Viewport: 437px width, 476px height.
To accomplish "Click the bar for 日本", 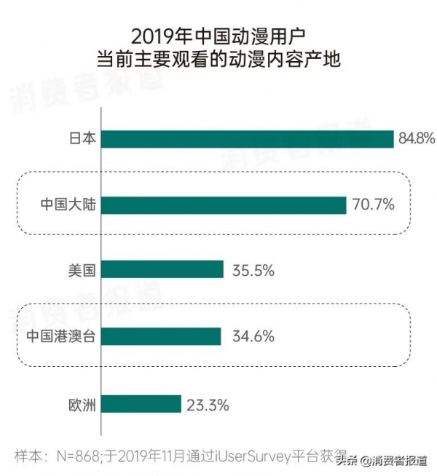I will pos(248,139).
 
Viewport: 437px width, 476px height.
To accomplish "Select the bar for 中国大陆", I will pos(224,205).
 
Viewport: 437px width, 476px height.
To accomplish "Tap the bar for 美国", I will pos(162,270).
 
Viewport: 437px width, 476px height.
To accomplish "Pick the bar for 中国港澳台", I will pos(161,336).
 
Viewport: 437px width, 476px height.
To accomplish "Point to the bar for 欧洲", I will pos(141,403).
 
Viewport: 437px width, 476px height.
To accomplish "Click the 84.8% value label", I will pos(417,138).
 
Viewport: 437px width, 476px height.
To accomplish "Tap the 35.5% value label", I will pos(253,270).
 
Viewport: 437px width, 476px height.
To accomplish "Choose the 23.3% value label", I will pos(208,404).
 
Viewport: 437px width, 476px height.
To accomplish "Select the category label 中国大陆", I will pos(68,205).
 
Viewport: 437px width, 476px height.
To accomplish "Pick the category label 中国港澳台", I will pos(62,336).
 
